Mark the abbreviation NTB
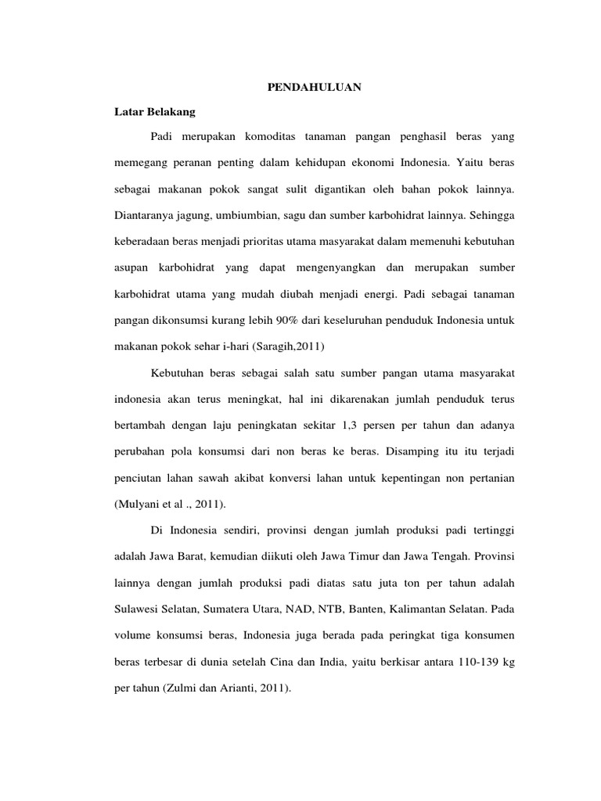click(300, 610)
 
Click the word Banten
click(337, 610)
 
